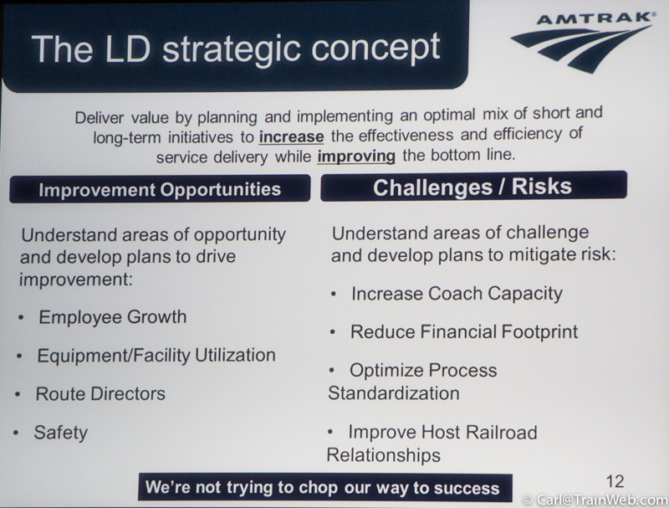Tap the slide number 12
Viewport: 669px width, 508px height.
tap(615, 481)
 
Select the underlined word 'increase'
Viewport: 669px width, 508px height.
tap(291, 136)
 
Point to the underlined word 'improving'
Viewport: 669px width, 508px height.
tap(356, 157)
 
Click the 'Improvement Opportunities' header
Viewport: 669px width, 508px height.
tap(160, 189)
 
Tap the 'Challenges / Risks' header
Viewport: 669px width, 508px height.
tap(472, 187)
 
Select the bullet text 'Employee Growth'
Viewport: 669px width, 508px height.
tap(113, 316)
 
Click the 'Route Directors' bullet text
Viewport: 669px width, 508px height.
tap(100, 393)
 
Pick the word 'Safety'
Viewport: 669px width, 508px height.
tap(60, 433)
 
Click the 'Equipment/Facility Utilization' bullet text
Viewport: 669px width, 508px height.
tap(156, 356)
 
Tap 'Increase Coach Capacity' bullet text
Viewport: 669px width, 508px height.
tap(457, 294)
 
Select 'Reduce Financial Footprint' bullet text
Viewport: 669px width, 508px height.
tap(464, 331)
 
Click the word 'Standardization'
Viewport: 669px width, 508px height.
tap(393, 393)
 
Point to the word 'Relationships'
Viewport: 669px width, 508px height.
tap(383, 455)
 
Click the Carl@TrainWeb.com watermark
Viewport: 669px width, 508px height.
tap(595, 500)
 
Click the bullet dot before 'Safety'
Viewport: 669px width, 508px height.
tap(16, 433)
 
